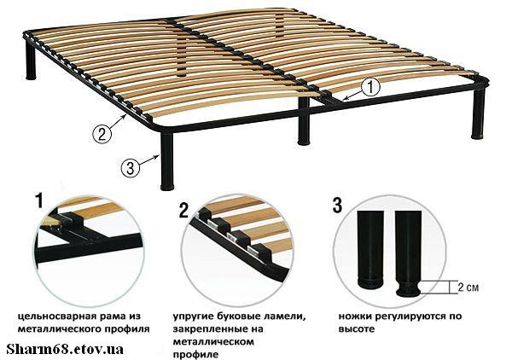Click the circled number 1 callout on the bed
[370, 87]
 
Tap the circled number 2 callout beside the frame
[102, 134]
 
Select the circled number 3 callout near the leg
[131, 168]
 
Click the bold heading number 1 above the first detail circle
[39, 200]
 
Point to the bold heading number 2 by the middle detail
[183, 210]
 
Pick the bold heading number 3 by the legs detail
[337, 205]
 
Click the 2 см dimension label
[468, 287]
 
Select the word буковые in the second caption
[233, 316]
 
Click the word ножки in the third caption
[353, 316]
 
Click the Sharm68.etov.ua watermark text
[65, 349]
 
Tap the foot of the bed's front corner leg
[167, 187]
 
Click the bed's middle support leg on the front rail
[304, 120]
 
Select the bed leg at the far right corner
[479, 113]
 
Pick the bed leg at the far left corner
[31, 61]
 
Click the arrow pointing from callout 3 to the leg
[149, 160]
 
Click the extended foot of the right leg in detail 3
[408, 288]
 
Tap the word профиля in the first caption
[127, 328]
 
